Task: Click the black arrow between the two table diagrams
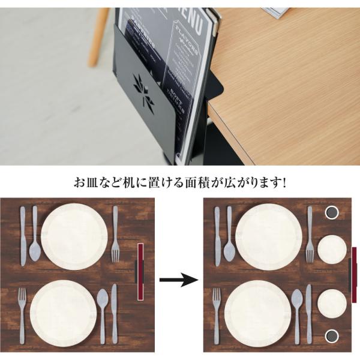click(179, 279)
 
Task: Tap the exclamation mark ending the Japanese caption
click(284, 181)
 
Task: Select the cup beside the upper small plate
click(331, 212)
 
